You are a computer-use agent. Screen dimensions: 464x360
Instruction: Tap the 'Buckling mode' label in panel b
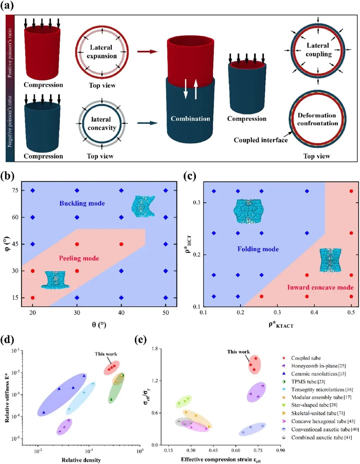82,203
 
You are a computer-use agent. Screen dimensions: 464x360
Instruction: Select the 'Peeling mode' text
79,258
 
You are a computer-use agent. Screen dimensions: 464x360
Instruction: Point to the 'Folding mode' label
258,249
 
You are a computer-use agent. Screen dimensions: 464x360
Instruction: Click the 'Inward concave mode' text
320,287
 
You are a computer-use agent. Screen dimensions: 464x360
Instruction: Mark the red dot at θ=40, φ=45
121,244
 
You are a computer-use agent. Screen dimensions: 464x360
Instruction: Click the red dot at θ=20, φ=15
33,298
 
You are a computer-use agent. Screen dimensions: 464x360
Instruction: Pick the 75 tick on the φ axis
15,190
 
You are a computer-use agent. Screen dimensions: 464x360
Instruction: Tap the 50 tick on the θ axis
166,313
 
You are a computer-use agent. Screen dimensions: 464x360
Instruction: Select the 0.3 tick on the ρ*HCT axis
197,202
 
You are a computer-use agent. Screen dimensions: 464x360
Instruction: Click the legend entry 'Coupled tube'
306,358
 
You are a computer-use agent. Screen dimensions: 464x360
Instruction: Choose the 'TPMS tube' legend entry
308,382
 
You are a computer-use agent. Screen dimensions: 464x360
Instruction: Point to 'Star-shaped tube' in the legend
314,405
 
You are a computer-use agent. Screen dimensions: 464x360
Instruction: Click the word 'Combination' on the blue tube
190,119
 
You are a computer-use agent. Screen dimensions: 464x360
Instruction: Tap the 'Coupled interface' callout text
261,140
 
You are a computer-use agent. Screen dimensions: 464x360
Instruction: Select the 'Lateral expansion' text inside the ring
101,52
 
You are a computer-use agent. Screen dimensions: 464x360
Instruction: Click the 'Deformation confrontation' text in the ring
317,119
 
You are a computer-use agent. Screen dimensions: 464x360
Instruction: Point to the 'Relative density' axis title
81,460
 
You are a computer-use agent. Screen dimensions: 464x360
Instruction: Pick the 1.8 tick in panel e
155,349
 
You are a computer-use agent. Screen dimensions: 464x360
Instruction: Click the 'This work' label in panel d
106,354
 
